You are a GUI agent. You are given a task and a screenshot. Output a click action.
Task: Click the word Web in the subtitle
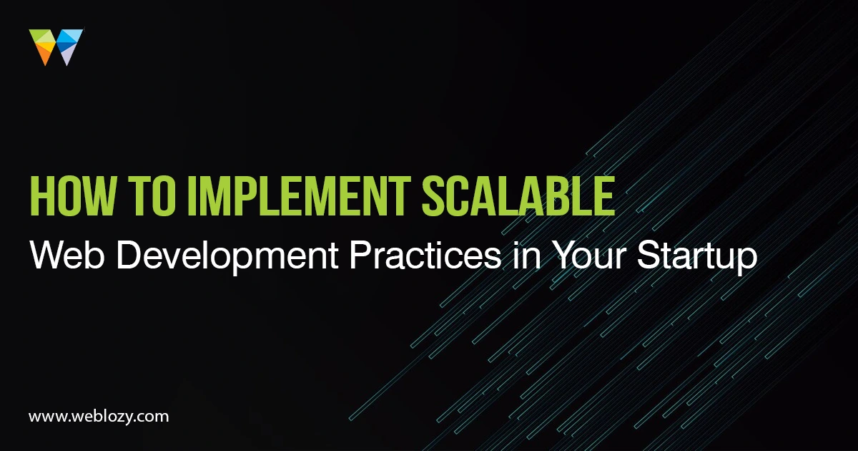(x=67, y=255)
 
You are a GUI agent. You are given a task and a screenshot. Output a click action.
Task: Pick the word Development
(x=227, y=258)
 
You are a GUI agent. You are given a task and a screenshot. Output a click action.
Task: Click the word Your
(x=589, y=255)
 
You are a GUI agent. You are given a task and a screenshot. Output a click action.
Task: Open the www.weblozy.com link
(x=99, y=417)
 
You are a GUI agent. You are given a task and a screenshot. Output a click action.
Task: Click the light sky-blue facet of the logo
(x=74, y=34)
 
